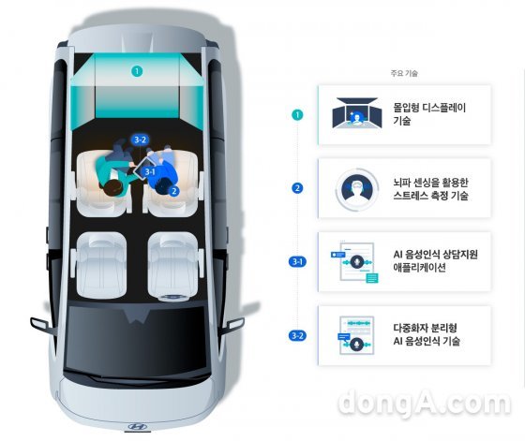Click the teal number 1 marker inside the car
pyautogui.click(x=137, y=71)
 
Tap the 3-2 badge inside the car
pyautogui.click(x=140, y=140)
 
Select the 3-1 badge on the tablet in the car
pyautogui.click(x=150, y=172)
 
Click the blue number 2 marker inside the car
pyautogui.click(x=173, y=191)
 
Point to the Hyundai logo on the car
pyautogui.click(x=138, y=427)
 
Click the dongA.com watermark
pyautogui.click(x=425, y=402)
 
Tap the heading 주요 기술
pyautogui.click(x=404, y=73)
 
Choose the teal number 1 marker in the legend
pyautogui.click(x=297, y=115)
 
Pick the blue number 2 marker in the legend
pyautogui.click(x=297, y=188)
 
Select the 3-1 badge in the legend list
pyautogui.click(x=297, y=261)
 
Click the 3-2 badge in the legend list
pyautogui.click(x=297, y=335)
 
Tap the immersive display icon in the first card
pyautogui.click(x=357, y=112)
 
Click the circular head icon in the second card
pyautogui.click(x=357, y=189)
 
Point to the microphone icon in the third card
pyautogui.click(x=357, y=262)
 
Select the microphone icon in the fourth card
pyautogui.click(x=355, y=344)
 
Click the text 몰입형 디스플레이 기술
pyautogui.click(x=429, y=114)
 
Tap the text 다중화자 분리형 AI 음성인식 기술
pyautogui.click(x=427, y=334)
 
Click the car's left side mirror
pyautogui.click(x=40, y=325)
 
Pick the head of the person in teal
pyautogui.click(x=112, y=190)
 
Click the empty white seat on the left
pyautogui.click(x=101, y=265)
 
